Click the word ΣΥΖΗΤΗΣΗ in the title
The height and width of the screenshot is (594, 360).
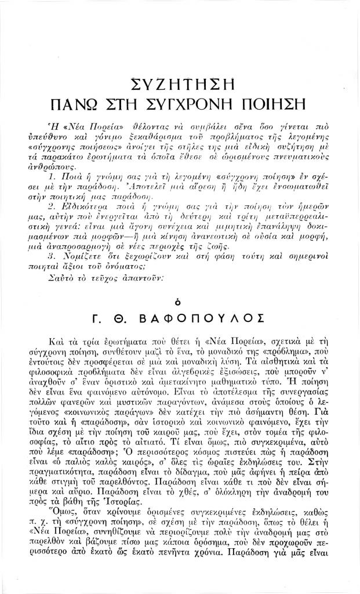pyautogui.click(x=180, y=84)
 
